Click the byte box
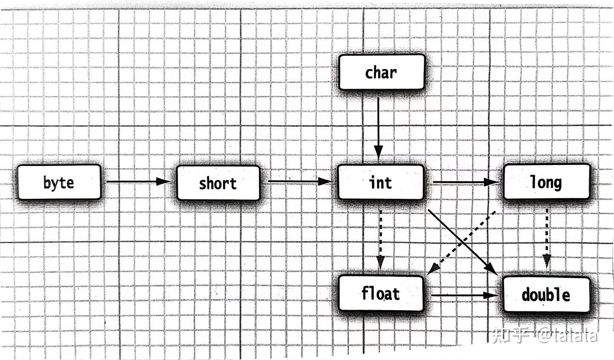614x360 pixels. [59, 183]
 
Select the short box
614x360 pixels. [218, 183]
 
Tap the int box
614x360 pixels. [380, 183]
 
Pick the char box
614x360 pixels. [382, 72]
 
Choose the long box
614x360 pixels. [546, 182]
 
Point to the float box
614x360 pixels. [380, 293]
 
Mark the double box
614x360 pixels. [546, 294]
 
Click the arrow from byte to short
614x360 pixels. [136, 182]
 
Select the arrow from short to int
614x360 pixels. [298, 182]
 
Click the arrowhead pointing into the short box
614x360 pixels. [164, 182]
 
